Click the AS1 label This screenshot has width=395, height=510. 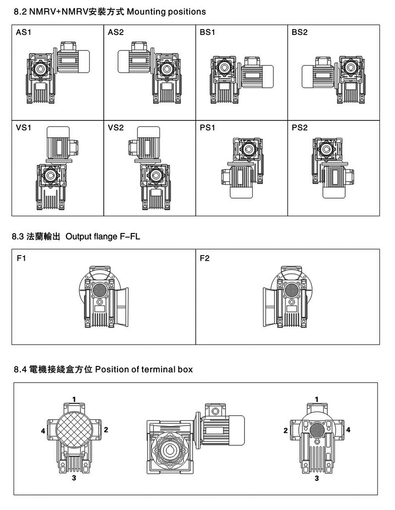point(23,33)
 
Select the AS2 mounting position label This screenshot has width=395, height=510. point(115,33)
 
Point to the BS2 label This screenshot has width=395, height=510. point(300,33)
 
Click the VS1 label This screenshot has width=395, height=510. point(23,127)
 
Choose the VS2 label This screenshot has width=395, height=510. point(115,127)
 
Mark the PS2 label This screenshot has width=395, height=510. point(300,127)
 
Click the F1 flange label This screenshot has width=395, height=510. point(21,258)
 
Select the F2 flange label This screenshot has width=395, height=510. point(205,258)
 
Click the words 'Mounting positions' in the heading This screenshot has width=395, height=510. point(166,11)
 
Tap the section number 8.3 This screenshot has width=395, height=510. point(18,237)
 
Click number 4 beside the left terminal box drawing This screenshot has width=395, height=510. point(43,431)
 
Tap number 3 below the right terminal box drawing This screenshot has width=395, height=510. point(316,478)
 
